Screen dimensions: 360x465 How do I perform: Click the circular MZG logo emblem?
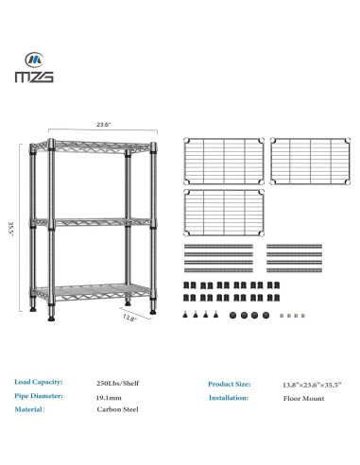(x=33, y=56)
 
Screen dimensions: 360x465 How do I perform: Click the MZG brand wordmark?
(x=33, y=76)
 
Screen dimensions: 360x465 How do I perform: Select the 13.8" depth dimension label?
(x=131, y=319)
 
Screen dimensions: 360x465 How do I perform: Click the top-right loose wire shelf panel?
(x=306, y=160)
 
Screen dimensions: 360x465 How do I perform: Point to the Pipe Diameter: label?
(x=40, y=397)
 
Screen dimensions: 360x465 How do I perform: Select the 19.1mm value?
(x=109, y=398)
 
